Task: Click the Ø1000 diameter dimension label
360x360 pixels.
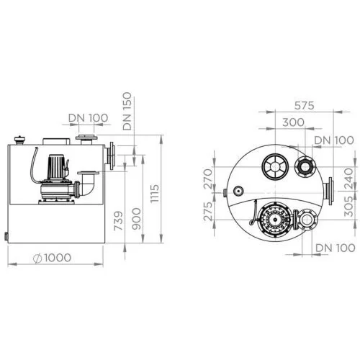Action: click(x=52, y=258)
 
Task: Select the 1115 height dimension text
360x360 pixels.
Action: click(x=154, y=194)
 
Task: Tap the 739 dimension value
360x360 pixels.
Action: click(x=118, y=221)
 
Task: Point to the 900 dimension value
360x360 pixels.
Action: click(x=137, y=219)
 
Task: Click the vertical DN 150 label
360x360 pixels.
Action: click(x=127, y=111)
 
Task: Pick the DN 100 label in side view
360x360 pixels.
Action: click(x=88, y=118)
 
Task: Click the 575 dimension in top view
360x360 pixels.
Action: click(x=304, y=105)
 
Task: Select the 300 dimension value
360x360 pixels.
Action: click(x=293, y=122)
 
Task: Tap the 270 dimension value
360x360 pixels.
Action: click(x=208, y=179)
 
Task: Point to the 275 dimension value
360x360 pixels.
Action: click(x=208, y=212)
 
